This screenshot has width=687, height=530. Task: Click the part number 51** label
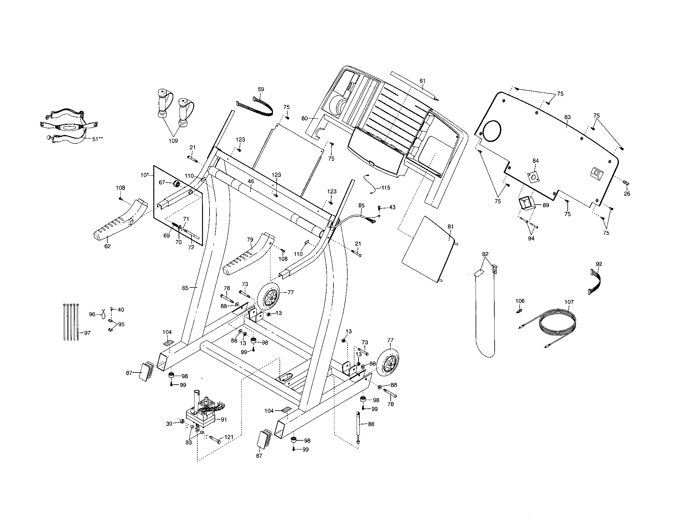(97, 139)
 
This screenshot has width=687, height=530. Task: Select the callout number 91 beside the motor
(224, 419)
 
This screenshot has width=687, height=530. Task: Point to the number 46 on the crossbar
(251, 181)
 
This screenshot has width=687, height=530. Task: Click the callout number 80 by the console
(304, 119)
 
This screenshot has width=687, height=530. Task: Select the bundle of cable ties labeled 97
(71, 322)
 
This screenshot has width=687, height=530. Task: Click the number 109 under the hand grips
(173, 141)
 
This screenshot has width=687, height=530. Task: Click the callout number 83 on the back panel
(567, 117)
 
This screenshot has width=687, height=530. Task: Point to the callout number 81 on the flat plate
(450, 226)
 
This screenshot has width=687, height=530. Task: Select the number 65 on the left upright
(185, 288)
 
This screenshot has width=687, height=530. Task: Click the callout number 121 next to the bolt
(229, 437)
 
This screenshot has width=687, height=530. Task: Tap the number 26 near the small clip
(627, 193)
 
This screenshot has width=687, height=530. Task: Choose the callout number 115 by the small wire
(386, 187)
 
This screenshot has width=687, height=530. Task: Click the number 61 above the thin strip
(423, 81)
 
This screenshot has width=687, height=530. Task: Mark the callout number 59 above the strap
(261, 89)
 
